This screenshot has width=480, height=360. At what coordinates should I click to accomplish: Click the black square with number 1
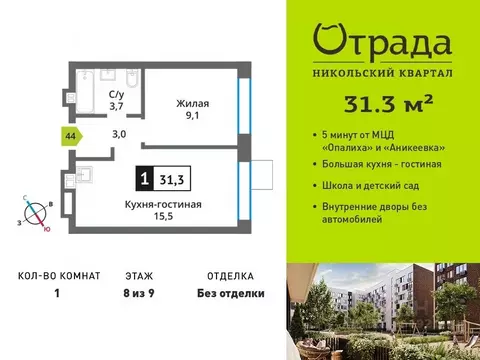pos(146,180)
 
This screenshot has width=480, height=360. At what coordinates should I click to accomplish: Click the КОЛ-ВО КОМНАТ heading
pos(58,273)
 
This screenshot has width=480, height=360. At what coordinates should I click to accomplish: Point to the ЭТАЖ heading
pos(139,273)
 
